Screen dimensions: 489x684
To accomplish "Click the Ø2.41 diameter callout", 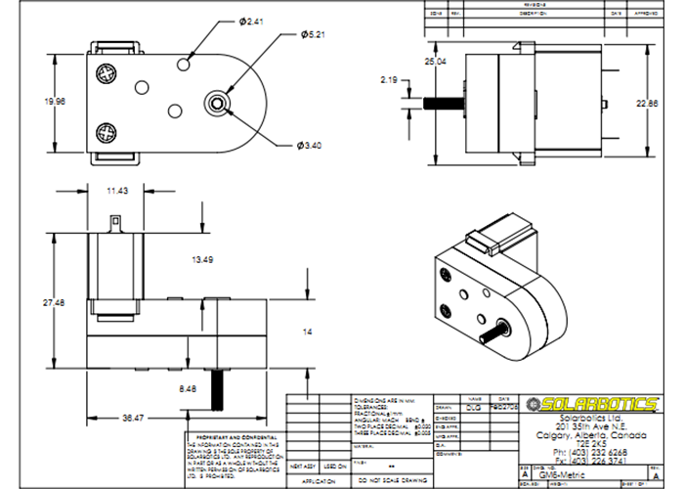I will pos(252,22).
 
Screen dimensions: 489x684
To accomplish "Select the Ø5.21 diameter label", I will pos(312,34).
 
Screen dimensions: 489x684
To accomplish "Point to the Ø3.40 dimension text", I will pos(310,146).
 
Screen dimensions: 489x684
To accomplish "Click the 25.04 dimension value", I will pos(435,62).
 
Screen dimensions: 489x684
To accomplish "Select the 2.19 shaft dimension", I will pos(389,80).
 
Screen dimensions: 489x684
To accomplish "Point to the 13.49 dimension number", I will pos(203,259).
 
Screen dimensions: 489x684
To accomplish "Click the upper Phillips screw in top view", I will pos(107,71).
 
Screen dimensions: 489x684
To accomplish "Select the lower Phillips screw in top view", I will pos(107,130).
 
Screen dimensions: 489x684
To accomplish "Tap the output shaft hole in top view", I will pos(217,102).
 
